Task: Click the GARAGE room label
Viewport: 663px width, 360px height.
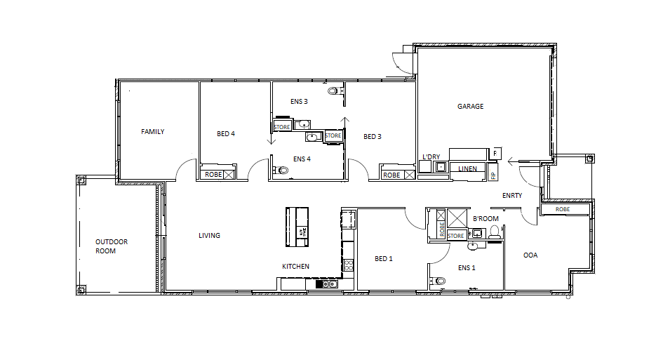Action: tap(471, 107)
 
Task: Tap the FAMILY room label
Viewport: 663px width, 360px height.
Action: tap(152, 132)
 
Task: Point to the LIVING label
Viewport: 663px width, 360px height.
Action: tap(209, 236)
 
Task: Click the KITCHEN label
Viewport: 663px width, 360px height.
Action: tap(295, 267)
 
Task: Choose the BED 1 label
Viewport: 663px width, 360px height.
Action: tap(384, 259)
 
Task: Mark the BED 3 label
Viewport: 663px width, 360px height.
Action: tap(373, 137)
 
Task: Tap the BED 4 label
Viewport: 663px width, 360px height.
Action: tap(226, 133)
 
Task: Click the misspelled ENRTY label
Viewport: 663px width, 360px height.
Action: tap(512, 196)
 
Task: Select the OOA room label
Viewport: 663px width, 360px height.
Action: tap(530, 255)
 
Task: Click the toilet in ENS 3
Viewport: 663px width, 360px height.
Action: tap(333, 91)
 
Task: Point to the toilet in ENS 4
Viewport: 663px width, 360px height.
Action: tap(282, 170)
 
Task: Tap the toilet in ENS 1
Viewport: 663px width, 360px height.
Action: tap(440, 281)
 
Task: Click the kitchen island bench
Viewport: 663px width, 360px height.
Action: tap(297, 227)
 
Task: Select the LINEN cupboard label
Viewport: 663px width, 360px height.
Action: tap(468, 169)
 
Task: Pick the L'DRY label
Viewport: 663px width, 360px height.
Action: tap(430, 156)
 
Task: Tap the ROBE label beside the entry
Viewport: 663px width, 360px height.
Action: tap(563, 209)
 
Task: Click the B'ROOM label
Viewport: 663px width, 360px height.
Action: tap(485, 219)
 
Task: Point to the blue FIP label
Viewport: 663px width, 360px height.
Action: tap(493, 174)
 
